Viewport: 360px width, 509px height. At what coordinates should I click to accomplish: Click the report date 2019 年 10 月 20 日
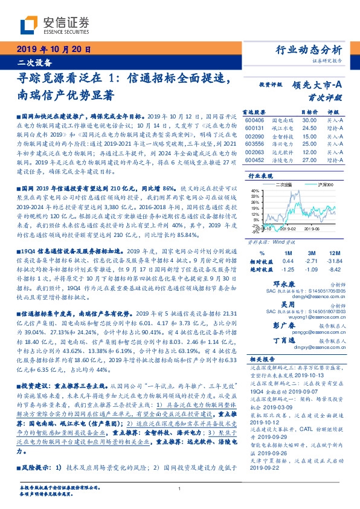(x=53, y=50)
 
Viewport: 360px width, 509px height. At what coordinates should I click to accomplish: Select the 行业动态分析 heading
(x=308, y=50)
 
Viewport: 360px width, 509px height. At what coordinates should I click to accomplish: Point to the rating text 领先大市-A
(x=317, y=85)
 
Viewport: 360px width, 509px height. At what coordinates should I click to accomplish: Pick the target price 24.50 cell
(x=310, y=129)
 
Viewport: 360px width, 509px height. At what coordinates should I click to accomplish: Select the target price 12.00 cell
(x=310, y=153)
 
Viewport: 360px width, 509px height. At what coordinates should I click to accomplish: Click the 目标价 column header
(x=310, y=113)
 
